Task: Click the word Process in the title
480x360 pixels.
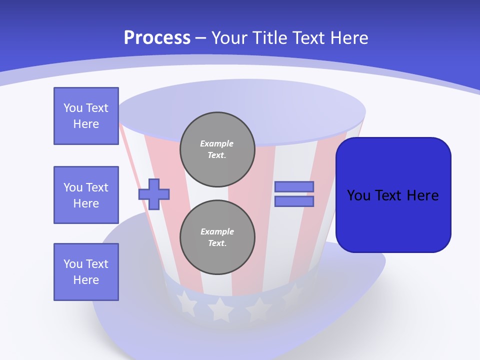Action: (x=157, y=38)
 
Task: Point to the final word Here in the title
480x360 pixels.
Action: (x=349, y=38)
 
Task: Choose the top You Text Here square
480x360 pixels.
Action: (x=86, y=116)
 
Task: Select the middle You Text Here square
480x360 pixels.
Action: (x=86, y=195)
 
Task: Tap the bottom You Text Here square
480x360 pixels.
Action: (x=86, y=272)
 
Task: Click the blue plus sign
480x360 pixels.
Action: (x=154, y=194)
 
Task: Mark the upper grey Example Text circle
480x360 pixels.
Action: (x=217, y=149)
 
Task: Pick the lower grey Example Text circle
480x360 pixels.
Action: (x=217, y=237)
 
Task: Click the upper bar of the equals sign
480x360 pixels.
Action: (x=294, y=186)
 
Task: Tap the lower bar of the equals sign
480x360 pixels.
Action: (x=294, y=201)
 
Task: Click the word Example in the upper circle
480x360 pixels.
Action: (x=217, y=143)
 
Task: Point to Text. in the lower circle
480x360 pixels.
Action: (x=217, y=243)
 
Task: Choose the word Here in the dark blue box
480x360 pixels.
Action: (x=422, y=195)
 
